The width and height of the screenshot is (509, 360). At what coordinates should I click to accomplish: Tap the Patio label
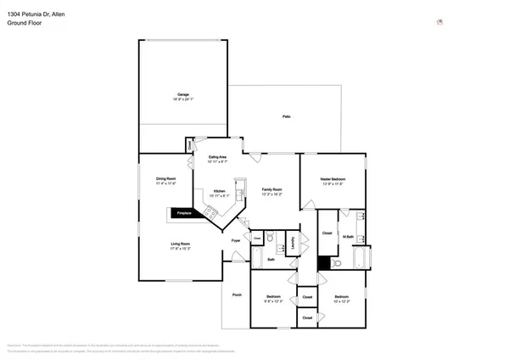[287, 116]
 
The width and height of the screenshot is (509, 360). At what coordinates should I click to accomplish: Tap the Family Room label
[271, 191]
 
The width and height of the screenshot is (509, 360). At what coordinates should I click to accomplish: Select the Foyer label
[237, 241]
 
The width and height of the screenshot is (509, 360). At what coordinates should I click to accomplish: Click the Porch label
[237, 295]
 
